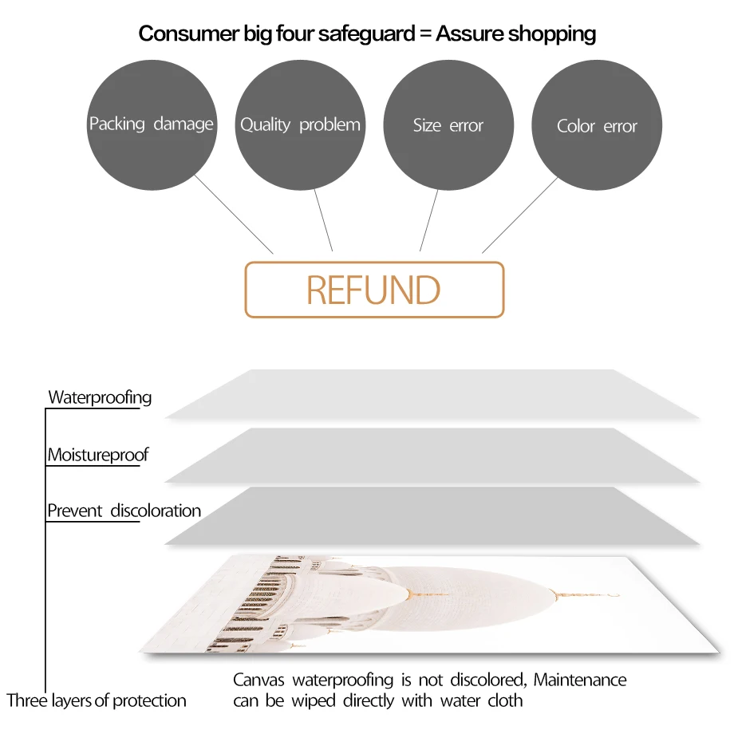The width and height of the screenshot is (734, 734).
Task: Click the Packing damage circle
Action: coord(151,125)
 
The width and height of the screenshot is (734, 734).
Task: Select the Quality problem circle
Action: coord(300,125)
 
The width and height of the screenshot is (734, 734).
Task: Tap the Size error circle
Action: coord(448,125)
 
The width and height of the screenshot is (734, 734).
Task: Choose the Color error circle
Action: coord(597,125)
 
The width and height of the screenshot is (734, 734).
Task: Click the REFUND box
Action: coord(374,290)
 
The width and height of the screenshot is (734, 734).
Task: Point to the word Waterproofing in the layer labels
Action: coord(100,397)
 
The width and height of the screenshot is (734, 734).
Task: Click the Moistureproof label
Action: coord(97,456)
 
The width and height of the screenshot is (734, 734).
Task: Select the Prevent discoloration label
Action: coord(124,511)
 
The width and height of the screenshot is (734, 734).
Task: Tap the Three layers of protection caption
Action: coord(97,701)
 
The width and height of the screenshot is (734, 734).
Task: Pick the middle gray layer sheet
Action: coord(431,455)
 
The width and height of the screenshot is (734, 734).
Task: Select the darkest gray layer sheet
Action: coord(431,516)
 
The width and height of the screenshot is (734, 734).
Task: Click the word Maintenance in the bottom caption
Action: coord(580,681)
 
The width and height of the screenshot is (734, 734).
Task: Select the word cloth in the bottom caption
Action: coord(504,701)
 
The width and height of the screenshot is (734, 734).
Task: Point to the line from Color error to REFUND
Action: coord(519,215)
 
